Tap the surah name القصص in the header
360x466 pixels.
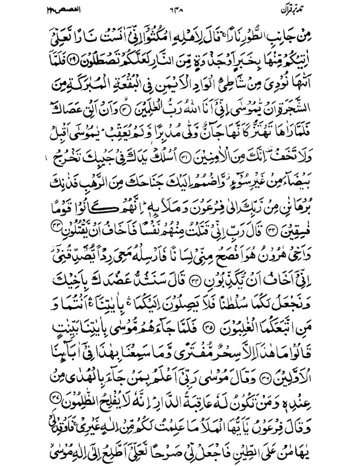click(x=66, y=10)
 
